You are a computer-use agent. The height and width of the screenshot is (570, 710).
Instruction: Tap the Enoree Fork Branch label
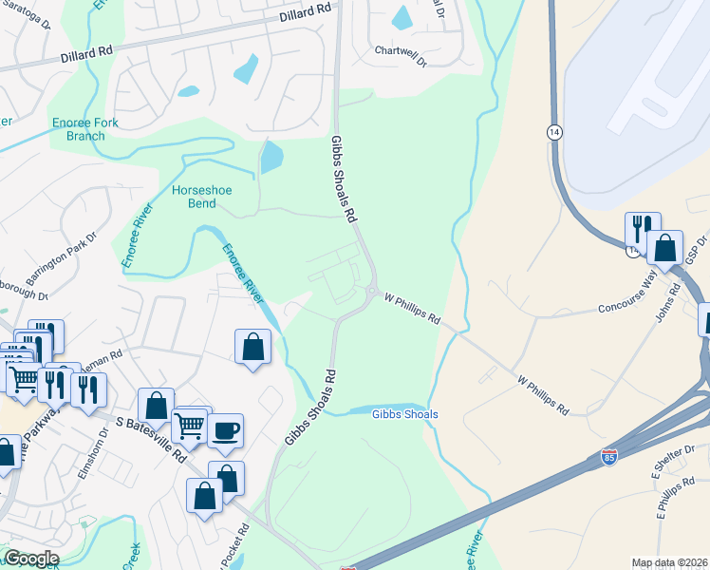pyautogui.click(x=80, y=129)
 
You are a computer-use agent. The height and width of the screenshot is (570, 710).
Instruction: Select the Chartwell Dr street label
pyautogui.click(x=402, y=50)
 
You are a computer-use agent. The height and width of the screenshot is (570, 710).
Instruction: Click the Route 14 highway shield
pyautogui.click(x=553, y=132)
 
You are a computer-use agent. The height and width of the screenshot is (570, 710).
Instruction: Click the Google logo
pyautogui.click(x=31, y=559)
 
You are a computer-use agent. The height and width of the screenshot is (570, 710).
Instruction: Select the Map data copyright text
pyautogui.click(x=669, y=562)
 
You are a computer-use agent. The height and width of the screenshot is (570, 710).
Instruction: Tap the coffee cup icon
pyautogui.click(x=225, y=430)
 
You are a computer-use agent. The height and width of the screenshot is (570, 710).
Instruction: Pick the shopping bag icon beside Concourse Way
pyautogui.click(x=665, y=249)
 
